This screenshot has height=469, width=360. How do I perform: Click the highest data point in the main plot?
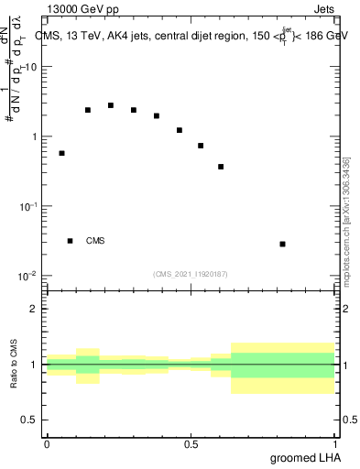click(111, 105)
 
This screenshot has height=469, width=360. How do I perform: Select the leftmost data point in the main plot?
click(61, 153)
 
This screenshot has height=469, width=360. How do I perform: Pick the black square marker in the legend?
click(70, 241)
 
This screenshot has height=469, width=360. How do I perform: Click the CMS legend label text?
click(94, 241)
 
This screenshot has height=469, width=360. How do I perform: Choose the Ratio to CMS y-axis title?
click(15, 364)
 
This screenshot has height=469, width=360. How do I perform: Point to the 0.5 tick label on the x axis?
click(191, 442)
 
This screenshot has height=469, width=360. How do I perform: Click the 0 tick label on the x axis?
click(47, 442)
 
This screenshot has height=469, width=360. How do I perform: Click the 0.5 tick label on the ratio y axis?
click(29, 420)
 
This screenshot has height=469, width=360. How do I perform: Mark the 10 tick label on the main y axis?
click(31, 68)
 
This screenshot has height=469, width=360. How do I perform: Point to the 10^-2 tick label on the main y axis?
click(29, 276)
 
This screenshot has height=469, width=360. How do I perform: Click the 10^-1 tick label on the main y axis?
click(29, 206)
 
